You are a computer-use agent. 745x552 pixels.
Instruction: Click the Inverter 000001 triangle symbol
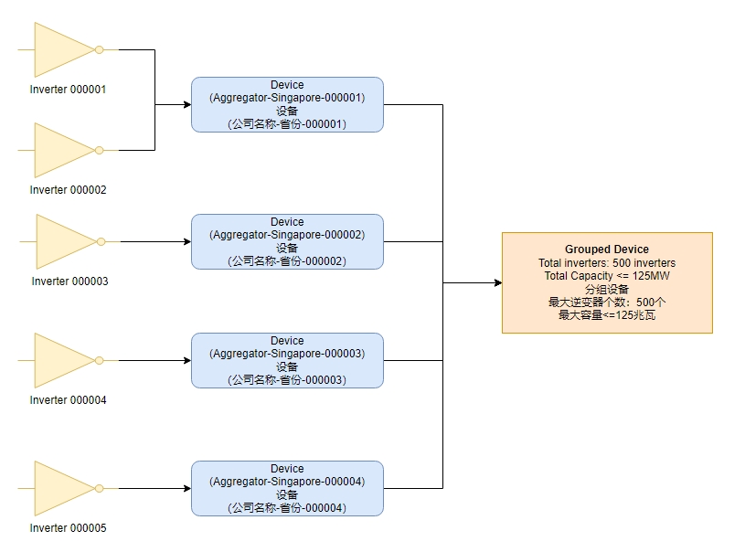[60, 49]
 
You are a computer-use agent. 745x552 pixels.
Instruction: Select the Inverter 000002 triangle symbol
[60, 150]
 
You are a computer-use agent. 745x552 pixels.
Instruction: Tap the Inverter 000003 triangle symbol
[62, 241]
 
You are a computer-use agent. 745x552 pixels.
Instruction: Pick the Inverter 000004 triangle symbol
[60, 360]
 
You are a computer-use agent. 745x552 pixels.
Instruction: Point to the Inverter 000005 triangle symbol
[60, 488]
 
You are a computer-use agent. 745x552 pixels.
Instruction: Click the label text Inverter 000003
[69, 281]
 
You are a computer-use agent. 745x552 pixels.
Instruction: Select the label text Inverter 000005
[69, 528]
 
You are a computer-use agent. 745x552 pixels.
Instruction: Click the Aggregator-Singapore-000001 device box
[287, 104]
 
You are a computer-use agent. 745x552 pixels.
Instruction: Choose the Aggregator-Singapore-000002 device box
[287, 241]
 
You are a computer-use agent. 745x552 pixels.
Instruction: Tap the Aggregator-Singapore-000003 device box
[287, 360]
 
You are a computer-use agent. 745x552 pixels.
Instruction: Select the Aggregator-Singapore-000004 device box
[287, 488]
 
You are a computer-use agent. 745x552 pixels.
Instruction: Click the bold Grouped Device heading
[607, 249]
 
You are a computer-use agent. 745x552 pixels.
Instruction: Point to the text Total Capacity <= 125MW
[607, 276]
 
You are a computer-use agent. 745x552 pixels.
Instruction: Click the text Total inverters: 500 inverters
[607, 263]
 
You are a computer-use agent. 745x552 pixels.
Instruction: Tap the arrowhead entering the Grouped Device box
[497, 282]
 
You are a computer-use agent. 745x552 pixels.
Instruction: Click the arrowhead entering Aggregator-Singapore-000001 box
[186, 104]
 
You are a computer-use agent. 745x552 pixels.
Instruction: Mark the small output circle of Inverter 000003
[101, 241]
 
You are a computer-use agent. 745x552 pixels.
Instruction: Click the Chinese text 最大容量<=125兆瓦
[607, 315]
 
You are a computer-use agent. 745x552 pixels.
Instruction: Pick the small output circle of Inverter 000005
[99, 488]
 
